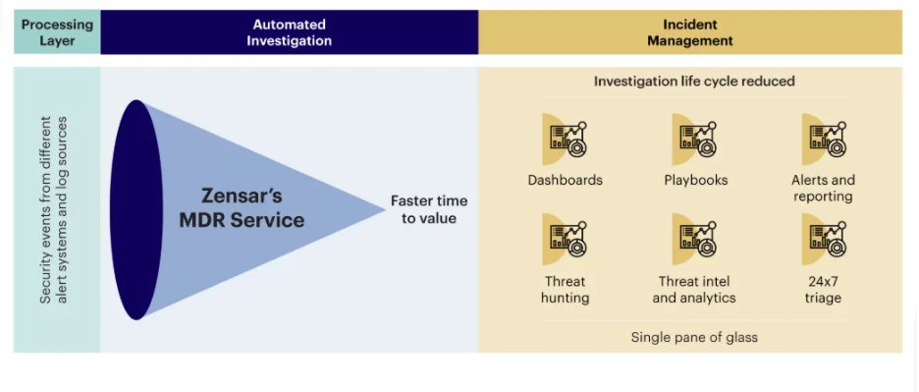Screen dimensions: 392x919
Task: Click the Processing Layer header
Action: (x=57, y=32)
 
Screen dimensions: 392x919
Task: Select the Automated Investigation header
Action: (x=289, y=32)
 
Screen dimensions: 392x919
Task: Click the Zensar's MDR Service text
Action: (x=242, y=207)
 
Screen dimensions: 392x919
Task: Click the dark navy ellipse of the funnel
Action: (x=137, y=209)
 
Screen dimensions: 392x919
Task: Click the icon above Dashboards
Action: (x=565, y=139)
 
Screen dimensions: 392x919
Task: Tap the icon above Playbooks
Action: (x=695, y=139)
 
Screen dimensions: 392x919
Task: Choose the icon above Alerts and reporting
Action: (x=824, y=139)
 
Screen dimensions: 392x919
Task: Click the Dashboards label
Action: (x=565, y=180)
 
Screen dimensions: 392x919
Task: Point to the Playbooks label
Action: (x=695, y=180)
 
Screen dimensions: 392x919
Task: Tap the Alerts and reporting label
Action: (x=823, y=188)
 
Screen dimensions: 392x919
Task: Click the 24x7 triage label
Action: (x=823, y=290)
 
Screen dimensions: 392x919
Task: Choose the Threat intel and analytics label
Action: (x=694, y=290)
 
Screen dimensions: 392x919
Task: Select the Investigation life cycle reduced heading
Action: (x=694, y=81)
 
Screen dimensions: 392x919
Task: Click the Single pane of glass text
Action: (x=694, y=337)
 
